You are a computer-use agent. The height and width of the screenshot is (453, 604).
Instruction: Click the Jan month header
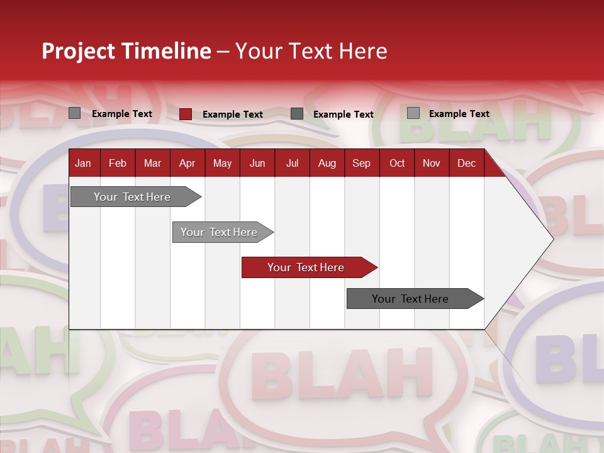pyautogui.click(x=83, y=163)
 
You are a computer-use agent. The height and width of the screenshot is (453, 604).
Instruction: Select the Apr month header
pyautogui.click(x=187, y=163)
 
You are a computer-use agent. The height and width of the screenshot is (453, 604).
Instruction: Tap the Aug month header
pyautogui.click(x=327, y=163)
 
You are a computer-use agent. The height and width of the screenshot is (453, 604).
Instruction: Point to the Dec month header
pyautogui.click(x=466, y=163)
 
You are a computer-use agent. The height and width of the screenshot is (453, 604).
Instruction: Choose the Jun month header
pyautogui.click(x=257, y=163)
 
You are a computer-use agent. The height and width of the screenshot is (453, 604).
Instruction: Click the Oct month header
pyautogui.click(x=396, y=163)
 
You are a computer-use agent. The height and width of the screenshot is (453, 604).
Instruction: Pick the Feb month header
pyautogui.click(x=118, y=163)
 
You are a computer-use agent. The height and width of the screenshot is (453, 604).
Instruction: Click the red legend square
pyautogui.click(x=185, y=114)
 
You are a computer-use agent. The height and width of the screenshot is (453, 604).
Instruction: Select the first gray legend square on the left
pyautogui.click(x=74, y=113)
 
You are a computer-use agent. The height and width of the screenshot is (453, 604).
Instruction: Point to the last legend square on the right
pyautogui.click(x=413, y=113)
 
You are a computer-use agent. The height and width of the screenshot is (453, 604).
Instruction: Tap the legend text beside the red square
pyautogui.click(x=232, y=115)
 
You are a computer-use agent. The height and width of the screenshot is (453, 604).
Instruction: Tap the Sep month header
pyautogui.click(x=361, y=163)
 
